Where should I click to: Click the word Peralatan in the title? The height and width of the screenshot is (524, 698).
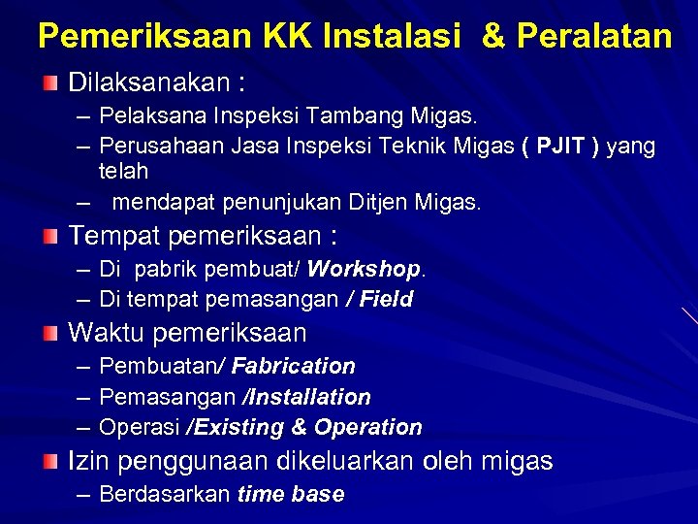(593, 37)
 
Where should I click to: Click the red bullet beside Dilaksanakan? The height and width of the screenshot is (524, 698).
(50, 81)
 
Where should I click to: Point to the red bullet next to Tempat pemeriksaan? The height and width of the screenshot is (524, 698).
(50, 236)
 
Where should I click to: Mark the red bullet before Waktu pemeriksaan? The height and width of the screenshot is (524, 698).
(50, 334)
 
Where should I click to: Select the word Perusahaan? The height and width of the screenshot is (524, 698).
(160, 147)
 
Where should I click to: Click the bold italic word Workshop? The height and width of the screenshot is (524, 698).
(365, 268)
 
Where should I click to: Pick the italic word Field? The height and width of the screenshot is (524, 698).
(386, 299)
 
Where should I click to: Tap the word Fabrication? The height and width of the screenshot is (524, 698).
(293, 366)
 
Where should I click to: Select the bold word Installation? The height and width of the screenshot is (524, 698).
(309, 397)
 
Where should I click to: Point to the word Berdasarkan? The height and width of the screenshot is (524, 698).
(165, 494)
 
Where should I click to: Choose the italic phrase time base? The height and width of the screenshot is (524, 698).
(291, 494)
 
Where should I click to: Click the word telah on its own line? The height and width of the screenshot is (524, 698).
(123, 172)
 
